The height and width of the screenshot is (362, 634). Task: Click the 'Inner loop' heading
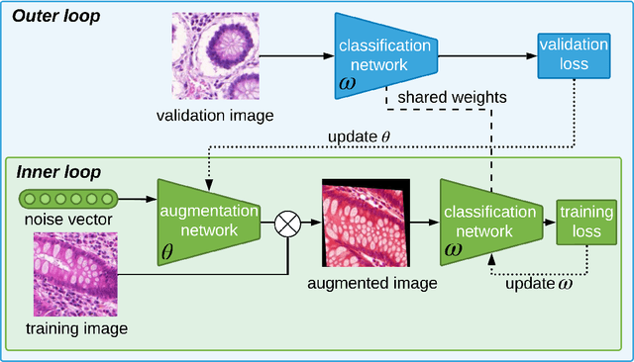(58, 172)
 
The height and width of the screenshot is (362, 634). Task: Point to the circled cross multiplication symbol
(287, 224)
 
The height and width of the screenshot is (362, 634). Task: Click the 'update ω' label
(537, 285)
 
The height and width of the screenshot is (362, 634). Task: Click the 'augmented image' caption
(366, 285)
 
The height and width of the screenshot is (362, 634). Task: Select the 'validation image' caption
(214, 116)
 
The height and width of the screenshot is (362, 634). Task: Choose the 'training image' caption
(75, 325)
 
